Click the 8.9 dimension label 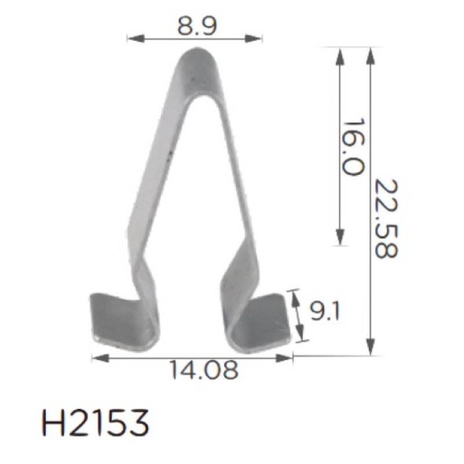pos(197,26)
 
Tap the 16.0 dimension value pos(353,147)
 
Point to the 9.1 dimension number pos(325,311)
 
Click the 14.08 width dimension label pos(204,370)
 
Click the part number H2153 pos(96,423)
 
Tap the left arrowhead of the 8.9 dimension pos(136,38)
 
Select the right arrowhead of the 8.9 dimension pos(253,38)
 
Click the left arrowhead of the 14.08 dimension pos(100,358)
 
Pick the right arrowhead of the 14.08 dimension pos(284,358)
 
